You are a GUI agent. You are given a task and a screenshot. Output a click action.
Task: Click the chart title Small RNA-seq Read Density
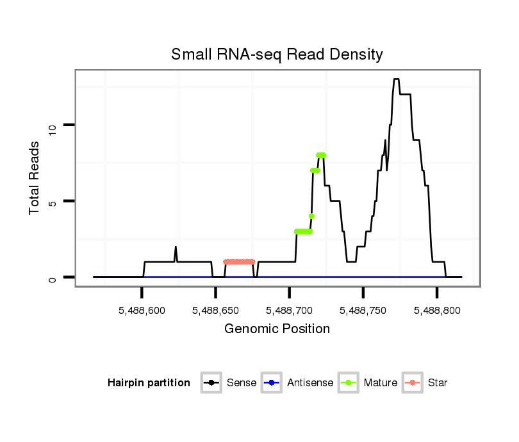click(x=277, y=54)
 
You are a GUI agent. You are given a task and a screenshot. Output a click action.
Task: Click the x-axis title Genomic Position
click(x=277, y=329)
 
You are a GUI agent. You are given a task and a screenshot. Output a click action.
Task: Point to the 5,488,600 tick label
click(x=142, y=311)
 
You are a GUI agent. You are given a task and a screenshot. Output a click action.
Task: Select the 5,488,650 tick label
click(x=215, y=311)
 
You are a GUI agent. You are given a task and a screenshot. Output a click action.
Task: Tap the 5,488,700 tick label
click(x=289, y=311)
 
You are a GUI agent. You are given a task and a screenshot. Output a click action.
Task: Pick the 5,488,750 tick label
click(x=363, y=311)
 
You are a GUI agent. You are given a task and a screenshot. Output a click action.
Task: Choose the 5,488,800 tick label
click(x=436, y=311)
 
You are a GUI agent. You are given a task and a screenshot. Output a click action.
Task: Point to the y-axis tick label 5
click(x=54, y=202)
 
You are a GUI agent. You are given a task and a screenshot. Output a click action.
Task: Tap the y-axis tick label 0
click(x=54, y=279)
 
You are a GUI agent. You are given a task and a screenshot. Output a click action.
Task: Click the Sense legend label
click(x=242, y=383)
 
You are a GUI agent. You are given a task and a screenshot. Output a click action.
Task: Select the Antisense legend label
click(x=310, y=383)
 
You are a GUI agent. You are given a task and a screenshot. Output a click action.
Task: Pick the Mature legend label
click(x=380, y=383)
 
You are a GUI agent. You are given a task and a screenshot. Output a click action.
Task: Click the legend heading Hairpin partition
click(x=149, y=383)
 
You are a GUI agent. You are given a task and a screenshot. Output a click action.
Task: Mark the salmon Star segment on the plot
click(x=239, y=262)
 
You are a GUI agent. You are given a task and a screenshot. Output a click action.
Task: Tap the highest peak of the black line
click(x=396, y=79)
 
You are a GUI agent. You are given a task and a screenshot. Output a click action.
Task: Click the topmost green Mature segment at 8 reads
click(x=321, y=155)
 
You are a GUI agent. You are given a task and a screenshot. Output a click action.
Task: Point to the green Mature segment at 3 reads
click(x=303, y=231)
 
